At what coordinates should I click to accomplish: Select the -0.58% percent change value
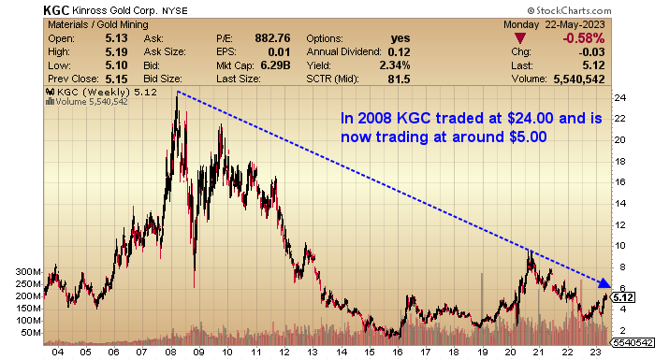tap(584, 37)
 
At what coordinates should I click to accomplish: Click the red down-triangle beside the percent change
tap(522, 38)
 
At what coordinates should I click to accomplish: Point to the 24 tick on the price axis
tap(619, 97)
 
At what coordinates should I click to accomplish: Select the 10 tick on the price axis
tap(619, 245)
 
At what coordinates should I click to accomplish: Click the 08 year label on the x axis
tap(172, 353)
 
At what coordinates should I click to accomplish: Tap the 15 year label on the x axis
tap(371, 353)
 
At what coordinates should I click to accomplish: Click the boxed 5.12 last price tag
tap(624, 296)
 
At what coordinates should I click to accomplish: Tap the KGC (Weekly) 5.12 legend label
tap(94, 93)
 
